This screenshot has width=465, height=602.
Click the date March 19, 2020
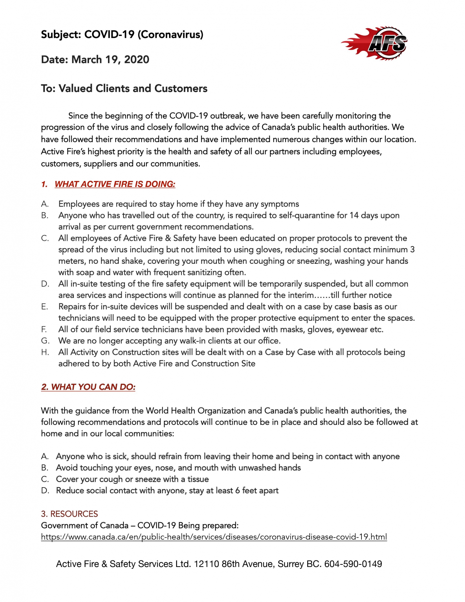click(110, 60)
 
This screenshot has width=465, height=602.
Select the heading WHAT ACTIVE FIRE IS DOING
click(115, 184)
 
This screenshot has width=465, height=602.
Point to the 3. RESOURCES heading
click(69, 514)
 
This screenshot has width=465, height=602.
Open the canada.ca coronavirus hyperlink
click(214, 537)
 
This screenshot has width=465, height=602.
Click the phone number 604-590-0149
click(353, 564)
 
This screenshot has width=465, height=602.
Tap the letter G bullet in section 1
click(45, 341)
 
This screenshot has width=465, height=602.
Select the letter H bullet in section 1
click(45, 352)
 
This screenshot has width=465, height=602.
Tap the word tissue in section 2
click(198, 479)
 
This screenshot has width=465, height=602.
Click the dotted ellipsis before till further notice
click(322, 295)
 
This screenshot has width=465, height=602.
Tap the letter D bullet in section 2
click(45, 491)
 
